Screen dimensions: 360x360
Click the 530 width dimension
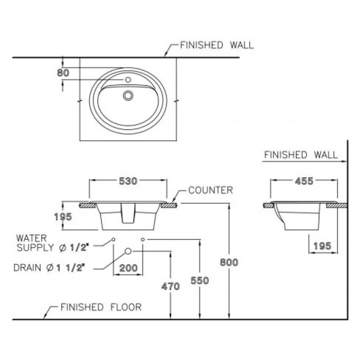[x=128, y=181]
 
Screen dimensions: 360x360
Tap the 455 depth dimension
[x=304, y=181]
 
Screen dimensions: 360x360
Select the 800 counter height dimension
[x=229, y=262]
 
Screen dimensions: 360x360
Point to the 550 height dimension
[x=200, y=281]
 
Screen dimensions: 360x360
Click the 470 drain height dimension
[x=170, y=287]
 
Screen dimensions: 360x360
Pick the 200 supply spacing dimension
[x=128, y=268]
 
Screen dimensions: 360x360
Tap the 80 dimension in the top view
[x=63, y=73]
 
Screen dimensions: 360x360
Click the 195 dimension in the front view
[x=63, y=217]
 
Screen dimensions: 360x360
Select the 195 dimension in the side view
[x=323, y=246]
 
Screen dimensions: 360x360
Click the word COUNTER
[x=211, y=190]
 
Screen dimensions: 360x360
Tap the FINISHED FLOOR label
[x=101, y=307]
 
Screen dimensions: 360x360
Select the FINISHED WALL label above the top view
[x=217, y=45]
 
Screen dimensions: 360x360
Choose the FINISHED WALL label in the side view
[x=301, y=155]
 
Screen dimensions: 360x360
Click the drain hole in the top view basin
[x=128, y=95]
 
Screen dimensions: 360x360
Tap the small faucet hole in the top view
[x=128, y=80]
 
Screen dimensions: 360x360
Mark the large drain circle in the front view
[x=128, y=251]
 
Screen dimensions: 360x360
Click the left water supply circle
[x=113, y=239]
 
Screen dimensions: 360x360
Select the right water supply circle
[x=143, y=239]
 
